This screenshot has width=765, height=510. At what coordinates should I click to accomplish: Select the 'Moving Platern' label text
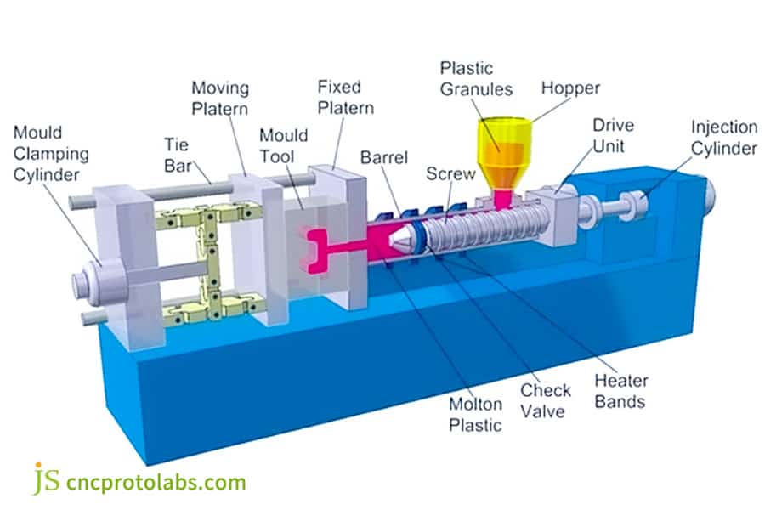coord(219,99)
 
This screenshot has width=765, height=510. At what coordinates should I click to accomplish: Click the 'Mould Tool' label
coord(282,147)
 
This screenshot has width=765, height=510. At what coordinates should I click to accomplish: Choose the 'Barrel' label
coord(383,158)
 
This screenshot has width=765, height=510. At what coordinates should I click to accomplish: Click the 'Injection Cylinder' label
coord(723,138)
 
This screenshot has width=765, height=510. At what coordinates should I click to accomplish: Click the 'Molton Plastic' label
coord(476,414)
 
